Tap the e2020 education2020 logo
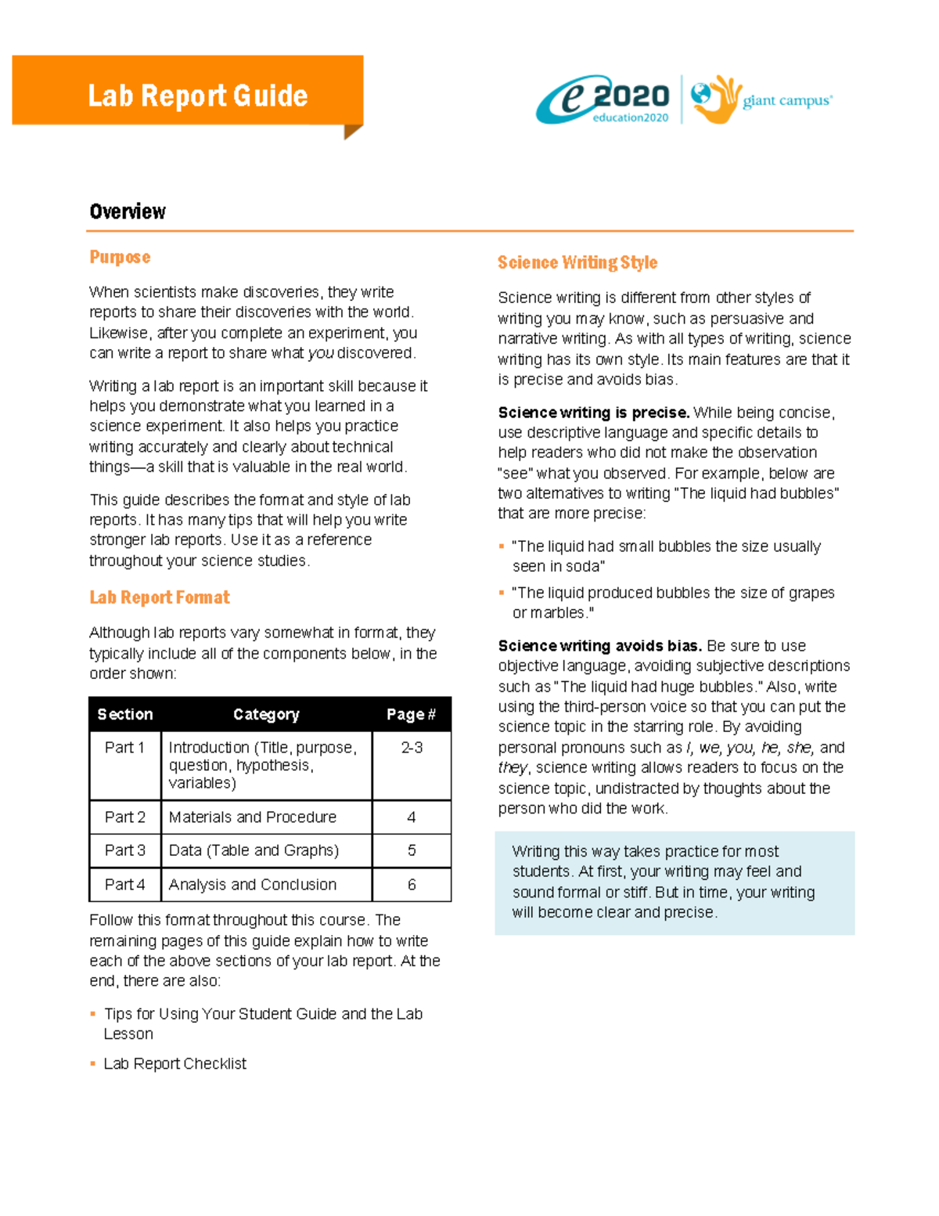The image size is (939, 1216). click(x=604, y=100)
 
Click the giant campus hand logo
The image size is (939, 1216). click(x=714, y=99)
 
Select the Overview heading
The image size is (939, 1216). click(x=128, y=211)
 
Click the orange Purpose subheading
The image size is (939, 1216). click(x=120, y=257)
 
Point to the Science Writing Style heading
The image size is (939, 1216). click(x=577, y=262)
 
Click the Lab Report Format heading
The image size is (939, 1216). click(x=160, y=597)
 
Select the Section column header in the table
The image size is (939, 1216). click(x=125, y=714)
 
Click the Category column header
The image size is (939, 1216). click(x=266, y=714)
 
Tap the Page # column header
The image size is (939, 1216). click(x=411, y=714)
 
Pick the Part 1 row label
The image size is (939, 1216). click(x=125, y=748)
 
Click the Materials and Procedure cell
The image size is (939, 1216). click(x=253, y=817)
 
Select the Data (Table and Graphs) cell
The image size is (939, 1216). click(x=254, y=850)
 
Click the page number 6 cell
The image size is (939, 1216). click(x=412, y=885)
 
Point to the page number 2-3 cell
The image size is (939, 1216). click(x=412, y=748)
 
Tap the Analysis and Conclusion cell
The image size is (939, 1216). click(x=253, y=885)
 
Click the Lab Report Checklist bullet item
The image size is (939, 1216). click(x=174, y=1064)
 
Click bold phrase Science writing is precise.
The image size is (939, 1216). click(x=593, y=413)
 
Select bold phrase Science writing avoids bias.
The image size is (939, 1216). click(x=599, y=646)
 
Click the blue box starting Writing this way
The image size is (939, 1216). click(x=674, y=882)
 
